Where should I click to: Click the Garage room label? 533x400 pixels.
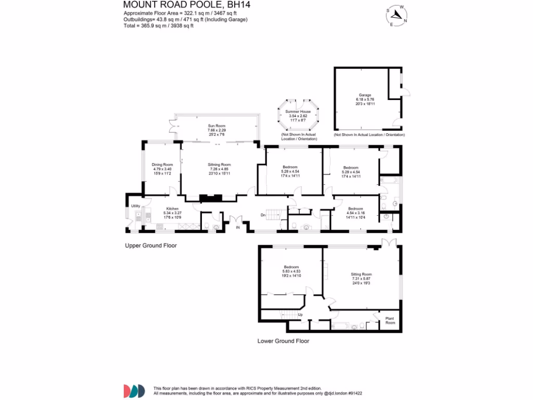(364, 95)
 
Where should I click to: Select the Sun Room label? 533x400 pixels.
(216, 126)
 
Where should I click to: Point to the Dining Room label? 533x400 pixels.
(162, 165)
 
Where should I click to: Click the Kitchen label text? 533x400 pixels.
(172, 208)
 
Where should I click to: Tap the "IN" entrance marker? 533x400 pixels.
(238, 228)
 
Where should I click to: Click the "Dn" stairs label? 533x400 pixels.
(263, 215)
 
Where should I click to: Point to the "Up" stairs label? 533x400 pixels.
(300, 315)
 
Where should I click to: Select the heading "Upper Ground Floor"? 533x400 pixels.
(150, 245)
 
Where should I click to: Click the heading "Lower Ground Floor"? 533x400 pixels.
(283, 341)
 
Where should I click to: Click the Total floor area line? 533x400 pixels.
(158, 26)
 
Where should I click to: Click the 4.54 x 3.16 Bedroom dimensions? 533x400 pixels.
(356, 213)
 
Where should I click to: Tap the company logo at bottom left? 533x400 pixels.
(134, 391)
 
